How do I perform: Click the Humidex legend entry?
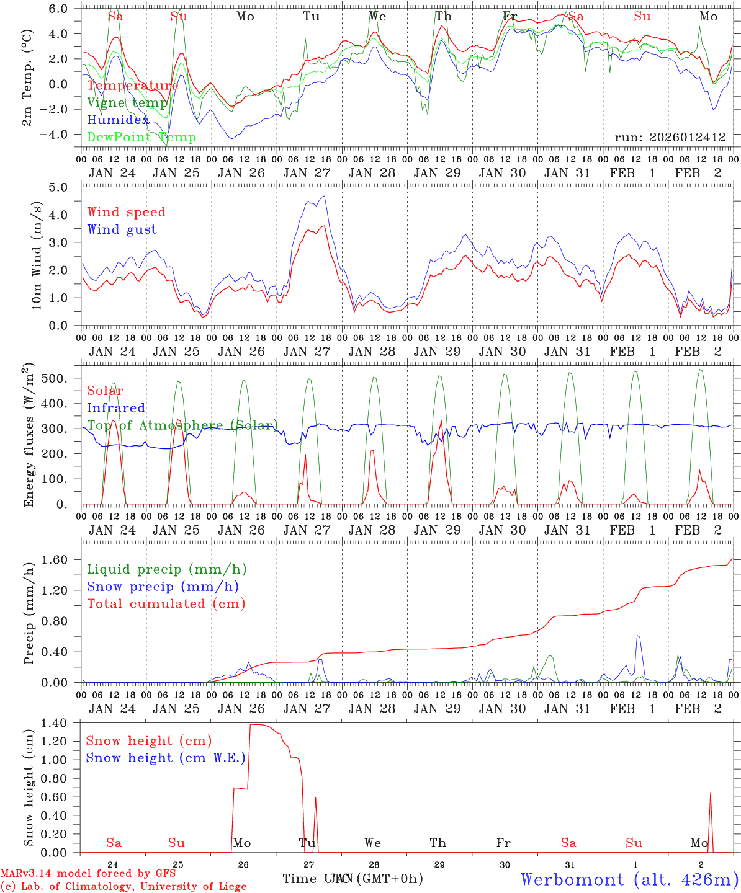click(118, 120)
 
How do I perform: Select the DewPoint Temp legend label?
click(141, 138)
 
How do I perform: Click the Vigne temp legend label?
click(127, 103)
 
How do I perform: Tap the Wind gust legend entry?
click(122, 229)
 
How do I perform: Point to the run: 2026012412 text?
click(670, 137)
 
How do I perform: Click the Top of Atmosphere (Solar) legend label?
click(182, 425)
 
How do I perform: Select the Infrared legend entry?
click(116, 408)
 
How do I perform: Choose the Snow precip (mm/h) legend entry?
click(163, 587)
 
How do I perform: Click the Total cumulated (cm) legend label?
click(166, 604)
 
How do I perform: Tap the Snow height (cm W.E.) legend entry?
click(165, 758)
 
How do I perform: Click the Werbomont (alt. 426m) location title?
click(629, 879)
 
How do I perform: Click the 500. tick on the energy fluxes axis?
click(61, 378)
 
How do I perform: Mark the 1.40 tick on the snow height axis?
click(63, 723)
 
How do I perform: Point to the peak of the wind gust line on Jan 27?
click(323, 197)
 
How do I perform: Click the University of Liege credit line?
click(123, 887)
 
